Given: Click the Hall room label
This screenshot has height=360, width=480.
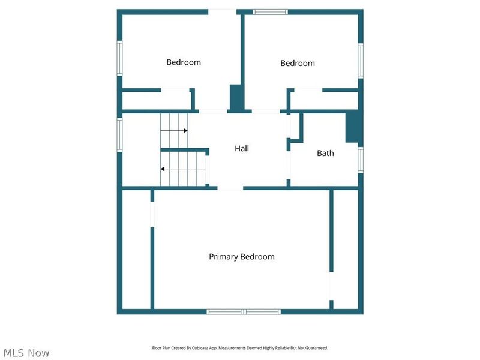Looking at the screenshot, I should pos(242,148).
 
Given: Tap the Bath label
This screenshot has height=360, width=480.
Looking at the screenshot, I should pos(325,153).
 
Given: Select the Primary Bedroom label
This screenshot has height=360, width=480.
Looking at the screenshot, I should pos(242,257).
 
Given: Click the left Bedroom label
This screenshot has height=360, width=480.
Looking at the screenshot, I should pos(184,62).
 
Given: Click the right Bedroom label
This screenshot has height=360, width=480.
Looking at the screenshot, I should pos(298,63).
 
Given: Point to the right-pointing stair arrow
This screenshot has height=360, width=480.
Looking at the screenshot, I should pos(185,130).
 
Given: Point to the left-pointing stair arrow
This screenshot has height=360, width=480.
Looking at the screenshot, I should pos(163,169).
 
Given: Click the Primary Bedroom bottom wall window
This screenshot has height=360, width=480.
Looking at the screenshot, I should pos(244,311).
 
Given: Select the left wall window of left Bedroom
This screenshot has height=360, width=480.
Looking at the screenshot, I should pos(119,58).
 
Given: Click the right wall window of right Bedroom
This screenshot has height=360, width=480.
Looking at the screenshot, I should pos(361,60).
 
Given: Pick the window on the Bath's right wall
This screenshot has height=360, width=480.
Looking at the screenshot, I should pos(361,160).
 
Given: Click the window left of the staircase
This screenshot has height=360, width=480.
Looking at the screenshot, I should pos(119,134).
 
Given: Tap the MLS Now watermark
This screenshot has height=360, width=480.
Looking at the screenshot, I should pos(25,353).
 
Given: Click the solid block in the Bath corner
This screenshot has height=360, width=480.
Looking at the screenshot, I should pos(353,127).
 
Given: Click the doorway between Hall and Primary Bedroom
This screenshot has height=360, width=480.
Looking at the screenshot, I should pos(230,188).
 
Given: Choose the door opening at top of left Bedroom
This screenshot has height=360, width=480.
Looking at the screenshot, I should pos(222,11).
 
